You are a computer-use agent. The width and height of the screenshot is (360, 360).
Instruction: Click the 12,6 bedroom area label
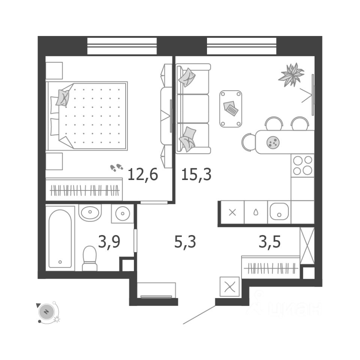(x=142, y=174)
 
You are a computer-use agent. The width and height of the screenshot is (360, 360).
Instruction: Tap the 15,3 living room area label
(x=196, y=174)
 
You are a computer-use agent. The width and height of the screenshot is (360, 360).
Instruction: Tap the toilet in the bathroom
(x=90, y=258)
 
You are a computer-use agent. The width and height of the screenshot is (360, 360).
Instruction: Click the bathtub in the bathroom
(x=60, y=238)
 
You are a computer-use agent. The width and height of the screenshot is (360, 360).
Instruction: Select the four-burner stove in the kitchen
(x=302, y=165)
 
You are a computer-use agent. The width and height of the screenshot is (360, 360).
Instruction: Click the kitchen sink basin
(x=279, y=212)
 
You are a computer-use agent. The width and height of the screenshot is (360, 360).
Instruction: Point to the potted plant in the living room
(x=291, y=73)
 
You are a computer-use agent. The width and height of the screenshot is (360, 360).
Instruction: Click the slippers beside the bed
(x=116, y=167)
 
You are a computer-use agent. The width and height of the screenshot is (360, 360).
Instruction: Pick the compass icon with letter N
(x=46, y=311)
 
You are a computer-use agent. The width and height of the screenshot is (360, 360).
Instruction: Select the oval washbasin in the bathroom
(x=90, y=213)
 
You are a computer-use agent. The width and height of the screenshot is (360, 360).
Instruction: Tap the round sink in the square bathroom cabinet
(x=122, y=214)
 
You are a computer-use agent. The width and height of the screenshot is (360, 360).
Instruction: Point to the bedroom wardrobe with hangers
(x=84, y=190)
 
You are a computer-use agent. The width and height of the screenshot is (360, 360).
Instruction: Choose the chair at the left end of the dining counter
(x=248, y=142)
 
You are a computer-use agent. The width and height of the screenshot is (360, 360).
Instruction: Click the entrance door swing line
(x=199, y=314)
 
